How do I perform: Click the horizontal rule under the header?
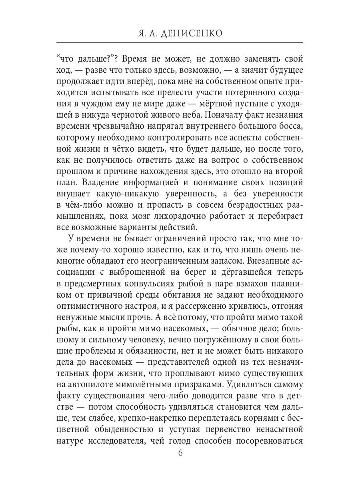click(180, 42)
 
